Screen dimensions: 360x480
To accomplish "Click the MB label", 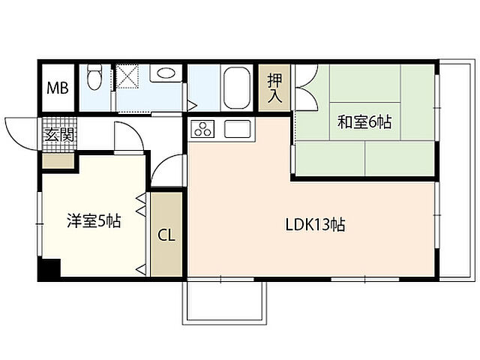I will (58, 88).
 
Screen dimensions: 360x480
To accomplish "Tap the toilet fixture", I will (94, 77).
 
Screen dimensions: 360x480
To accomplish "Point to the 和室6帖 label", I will (364, 121).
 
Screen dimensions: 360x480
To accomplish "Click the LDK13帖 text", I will (314, 224).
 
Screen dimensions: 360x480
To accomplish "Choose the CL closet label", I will (166, 234).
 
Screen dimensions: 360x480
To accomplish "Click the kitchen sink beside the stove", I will (235, 129).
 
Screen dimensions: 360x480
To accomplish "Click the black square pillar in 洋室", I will (49, 269).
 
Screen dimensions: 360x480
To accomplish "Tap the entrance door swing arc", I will (21, 129).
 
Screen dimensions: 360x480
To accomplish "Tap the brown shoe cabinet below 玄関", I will (58, 160).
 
